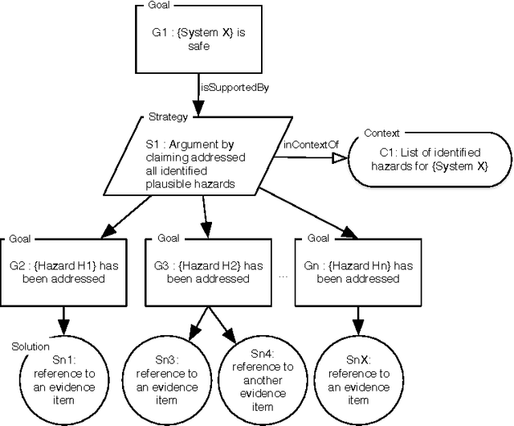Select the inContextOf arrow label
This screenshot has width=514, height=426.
click(x=305, y=145)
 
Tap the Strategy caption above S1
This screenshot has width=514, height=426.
click(x=169, y=117)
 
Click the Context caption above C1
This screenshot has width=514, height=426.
click(x=381, y=133)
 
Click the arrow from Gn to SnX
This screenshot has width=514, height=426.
click(x=355, y=320)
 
